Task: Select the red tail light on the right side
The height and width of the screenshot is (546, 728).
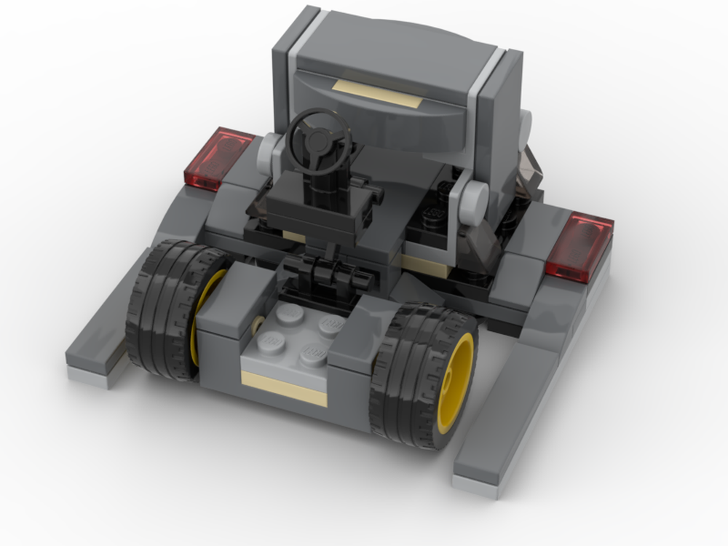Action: pos(579,246)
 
